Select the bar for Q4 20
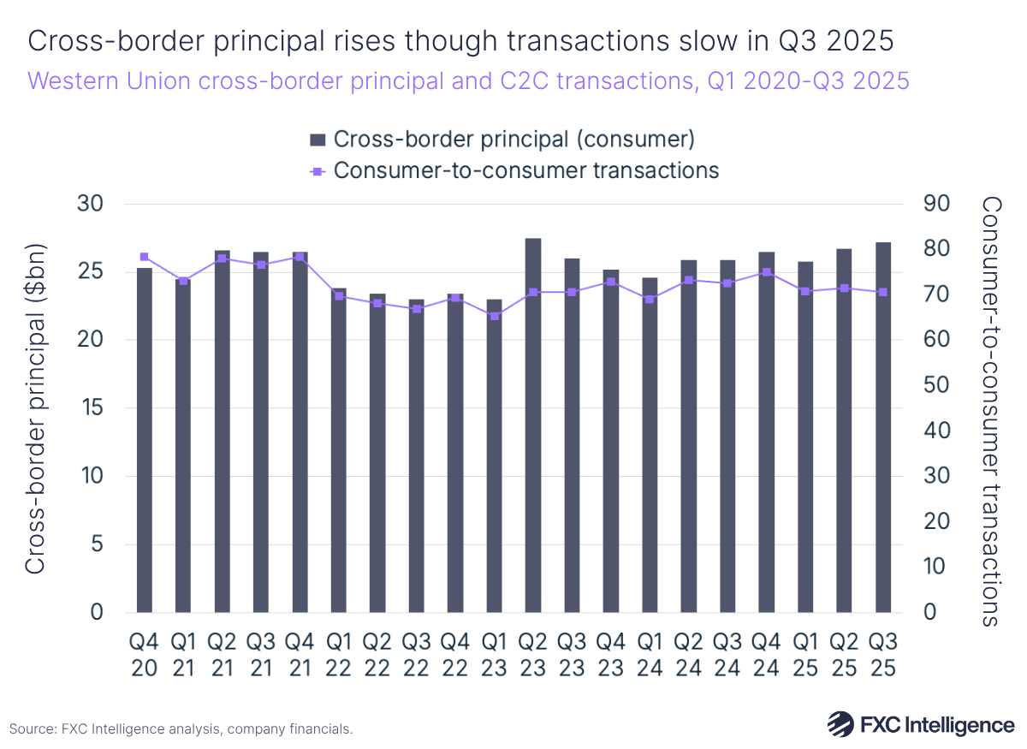144,440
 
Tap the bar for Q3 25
883,427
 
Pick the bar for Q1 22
338,450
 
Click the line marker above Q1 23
494,316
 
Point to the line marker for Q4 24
767,272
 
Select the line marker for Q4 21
300,257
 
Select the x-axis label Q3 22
416,654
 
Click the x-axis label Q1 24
650,654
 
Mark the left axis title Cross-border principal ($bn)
34,408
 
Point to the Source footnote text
181,729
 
